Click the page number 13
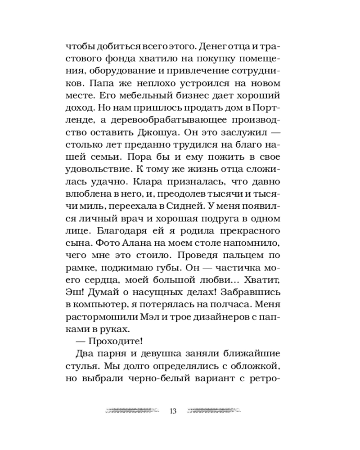(x=173, y=411)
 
